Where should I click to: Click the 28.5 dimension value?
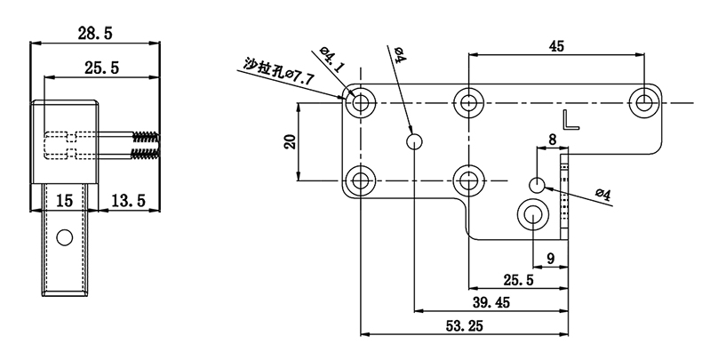[x=95, y=33]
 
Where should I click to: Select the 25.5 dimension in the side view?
[x=102, y=67]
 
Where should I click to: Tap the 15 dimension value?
[x=64, y=202]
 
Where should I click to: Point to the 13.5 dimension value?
[x=128, y=202]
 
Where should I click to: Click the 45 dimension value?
[x=556, y=47]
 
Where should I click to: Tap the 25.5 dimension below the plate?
[x=519, y=281]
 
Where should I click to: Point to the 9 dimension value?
[x=551, y=259]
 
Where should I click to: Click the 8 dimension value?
[x=551, y=140]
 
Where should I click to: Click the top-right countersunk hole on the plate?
[x=645, y=102]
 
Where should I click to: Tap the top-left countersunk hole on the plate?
[x=360, y=104]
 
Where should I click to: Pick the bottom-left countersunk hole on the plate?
[x=360, y=181]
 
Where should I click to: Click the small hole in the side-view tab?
[x=63, y=237]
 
